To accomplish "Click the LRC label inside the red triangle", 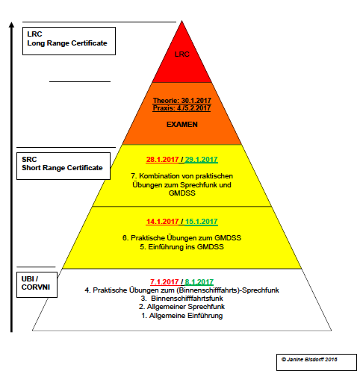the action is click(182, 54).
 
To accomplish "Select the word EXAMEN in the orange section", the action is click(182, 125).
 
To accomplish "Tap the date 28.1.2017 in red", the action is click(162, 160).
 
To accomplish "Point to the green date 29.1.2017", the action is click(201, 160).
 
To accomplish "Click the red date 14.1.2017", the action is click(162, 222).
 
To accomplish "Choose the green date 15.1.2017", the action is click(201, 222).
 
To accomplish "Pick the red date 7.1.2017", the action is click(164, 282).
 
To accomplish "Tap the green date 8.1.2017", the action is click(199, 282).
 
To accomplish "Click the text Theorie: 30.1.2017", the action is click(182, 101).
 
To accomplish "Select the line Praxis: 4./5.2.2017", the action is click(181, 108).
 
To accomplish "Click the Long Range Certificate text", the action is click(67, 43).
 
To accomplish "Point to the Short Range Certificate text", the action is click(62, 168).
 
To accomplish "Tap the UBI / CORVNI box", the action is click(37, 284).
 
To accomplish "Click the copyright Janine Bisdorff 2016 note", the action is click(309, 359).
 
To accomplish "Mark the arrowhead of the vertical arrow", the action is click(11, 25).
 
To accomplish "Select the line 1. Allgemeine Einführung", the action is click(182, 316).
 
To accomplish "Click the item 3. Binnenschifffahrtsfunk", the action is click(182, 299).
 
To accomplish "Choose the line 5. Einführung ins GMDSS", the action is click(181, 247).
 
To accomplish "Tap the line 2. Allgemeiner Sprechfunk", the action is click(182, 307).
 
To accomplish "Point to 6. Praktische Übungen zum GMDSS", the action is click(181, 238).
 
